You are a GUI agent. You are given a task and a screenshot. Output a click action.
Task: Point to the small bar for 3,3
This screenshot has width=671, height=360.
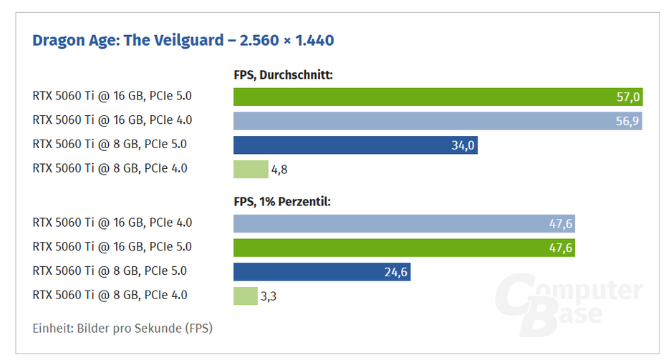(245, 296)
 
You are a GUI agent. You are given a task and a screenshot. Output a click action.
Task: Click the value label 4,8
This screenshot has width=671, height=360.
(279, 170)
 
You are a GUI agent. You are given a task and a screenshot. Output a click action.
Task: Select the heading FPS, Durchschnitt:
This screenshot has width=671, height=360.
(283, 74)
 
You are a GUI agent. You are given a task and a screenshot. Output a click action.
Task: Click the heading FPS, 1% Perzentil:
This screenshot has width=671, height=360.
(281, 202)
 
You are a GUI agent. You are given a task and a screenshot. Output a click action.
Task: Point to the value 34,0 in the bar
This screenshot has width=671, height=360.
(463, 146)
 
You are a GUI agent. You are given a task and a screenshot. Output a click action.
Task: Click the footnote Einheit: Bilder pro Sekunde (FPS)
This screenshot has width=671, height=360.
(122, 329)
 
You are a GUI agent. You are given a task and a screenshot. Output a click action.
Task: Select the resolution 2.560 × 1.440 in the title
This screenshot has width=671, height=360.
(286, 40)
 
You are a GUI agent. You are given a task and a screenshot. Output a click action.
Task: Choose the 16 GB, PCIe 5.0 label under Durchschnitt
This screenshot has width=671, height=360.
(112, 96)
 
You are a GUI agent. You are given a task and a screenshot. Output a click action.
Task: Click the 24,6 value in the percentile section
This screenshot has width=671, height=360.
(396, 272)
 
